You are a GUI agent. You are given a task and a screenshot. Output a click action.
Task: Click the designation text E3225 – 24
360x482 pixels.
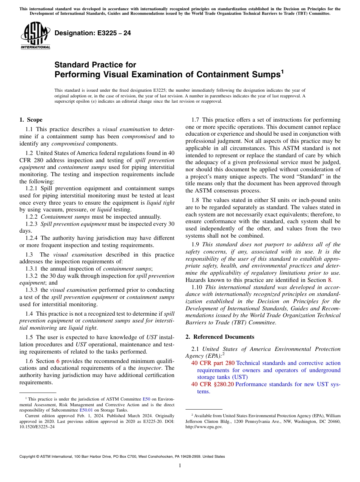(x=93, y=33)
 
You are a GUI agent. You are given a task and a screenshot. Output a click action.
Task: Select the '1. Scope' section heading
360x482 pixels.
(x=31, y=120)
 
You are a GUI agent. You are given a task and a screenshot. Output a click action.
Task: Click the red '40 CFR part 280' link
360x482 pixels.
(x=213, y=363)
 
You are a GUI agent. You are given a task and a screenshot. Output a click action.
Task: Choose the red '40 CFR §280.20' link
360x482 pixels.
(x=213, y=384)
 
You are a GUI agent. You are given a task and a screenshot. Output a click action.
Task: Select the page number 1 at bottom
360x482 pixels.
(x=180, y=466)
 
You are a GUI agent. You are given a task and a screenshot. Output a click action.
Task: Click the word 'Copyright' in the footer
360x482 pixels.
(x=28, y=457)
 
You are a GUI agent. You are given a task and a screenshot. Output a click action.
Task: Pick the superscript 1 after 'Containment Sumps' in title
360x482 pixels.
(x=282, y=71)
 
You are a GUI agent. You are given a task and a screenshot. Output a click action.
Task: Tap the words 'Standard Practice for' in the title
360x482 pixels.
(x=95, y=65)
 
